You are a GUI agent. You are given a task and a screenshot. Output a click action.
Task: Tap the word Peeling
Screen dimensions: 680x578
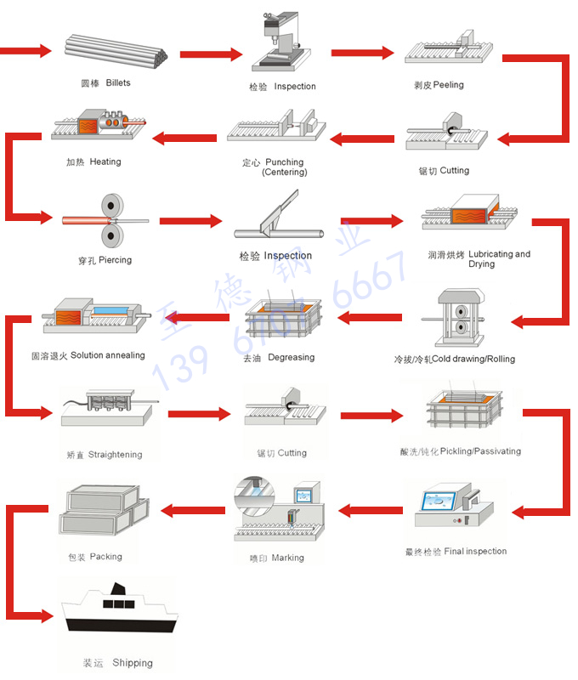(x=448, y=86)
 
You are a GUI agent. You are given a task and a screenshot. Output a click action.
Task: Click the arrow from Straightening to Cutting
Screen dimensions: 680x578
(x=200, y=414)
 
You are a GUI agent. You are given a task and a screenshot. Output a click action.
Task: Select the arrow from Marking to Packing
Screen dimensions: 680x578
(x=194, y=511)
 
